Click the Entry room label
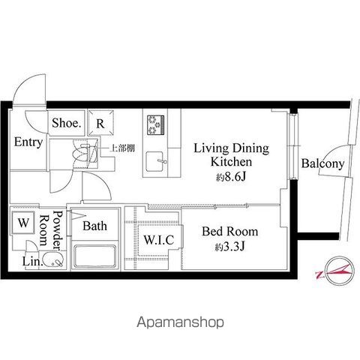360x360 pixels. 28,142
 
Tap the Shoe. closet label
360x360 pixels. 67,123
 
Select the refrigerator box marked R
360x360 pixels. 100,123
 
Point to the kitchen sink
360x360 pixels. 155,161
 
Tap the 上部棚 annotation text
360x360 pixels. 122,148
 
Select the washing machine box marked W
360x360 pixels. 23,223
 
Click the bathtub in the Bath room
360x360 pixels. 94,256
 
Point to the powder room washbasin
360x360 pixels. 52,259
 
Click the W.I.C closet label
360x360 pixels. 159,240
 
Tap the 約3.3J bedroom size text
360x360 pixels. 230,247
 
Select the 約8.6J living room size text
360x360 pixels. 231,177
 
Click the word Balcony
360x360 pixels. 322,163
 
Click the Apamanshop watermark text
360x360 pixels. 180,322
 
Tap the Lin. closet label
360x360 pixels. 33,262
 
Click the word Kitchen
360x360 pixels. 231,162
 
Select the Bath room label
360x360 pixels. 94,226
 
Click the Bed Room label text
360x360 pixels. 230,232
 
